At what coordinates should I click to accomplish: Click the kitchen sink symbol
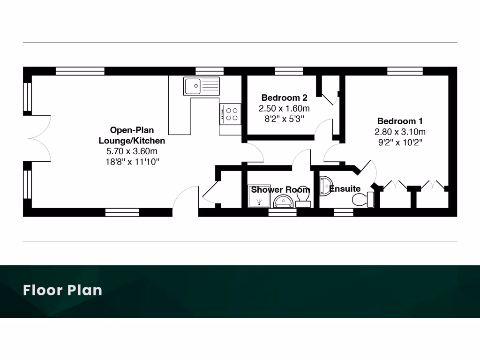pos(202,86)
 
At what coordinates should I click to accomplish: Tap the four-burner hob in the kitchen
pos(230,114)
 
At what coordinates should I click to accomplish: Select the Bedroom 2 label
pos(284,98)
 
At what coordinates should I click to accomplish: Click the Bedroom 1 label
pos(400,121)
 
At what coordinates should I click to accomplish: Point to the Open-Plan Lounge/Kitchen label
pos(132,135)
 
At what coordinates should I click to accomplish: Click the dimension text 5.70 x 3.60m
pos(132,151)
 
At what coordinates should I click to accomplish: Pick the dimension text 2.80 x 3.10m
pos(400,132)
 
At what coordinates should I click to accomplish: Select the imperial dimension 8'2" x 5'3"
pos(284,119)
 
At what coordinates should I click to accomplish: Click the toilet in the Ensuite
pos(364,199)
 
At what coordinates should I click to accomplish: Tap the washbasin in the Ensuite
pos(325,185)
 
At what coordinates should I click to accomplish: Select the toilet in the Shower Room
pos(302,201)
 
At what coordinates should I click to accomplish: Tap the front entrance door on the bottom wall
pos(185,202)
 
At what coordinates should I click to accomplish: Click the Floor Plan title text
pos(62,290)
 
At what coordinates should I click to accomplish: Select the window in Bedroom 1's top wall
pos(405,71)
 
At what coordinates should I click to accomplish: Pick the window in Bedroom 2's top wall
pos(289,71)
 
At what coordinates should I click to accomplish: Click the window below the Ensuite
pos(343,212)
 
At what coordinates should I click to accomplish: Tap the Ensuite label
pos(345,189)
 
